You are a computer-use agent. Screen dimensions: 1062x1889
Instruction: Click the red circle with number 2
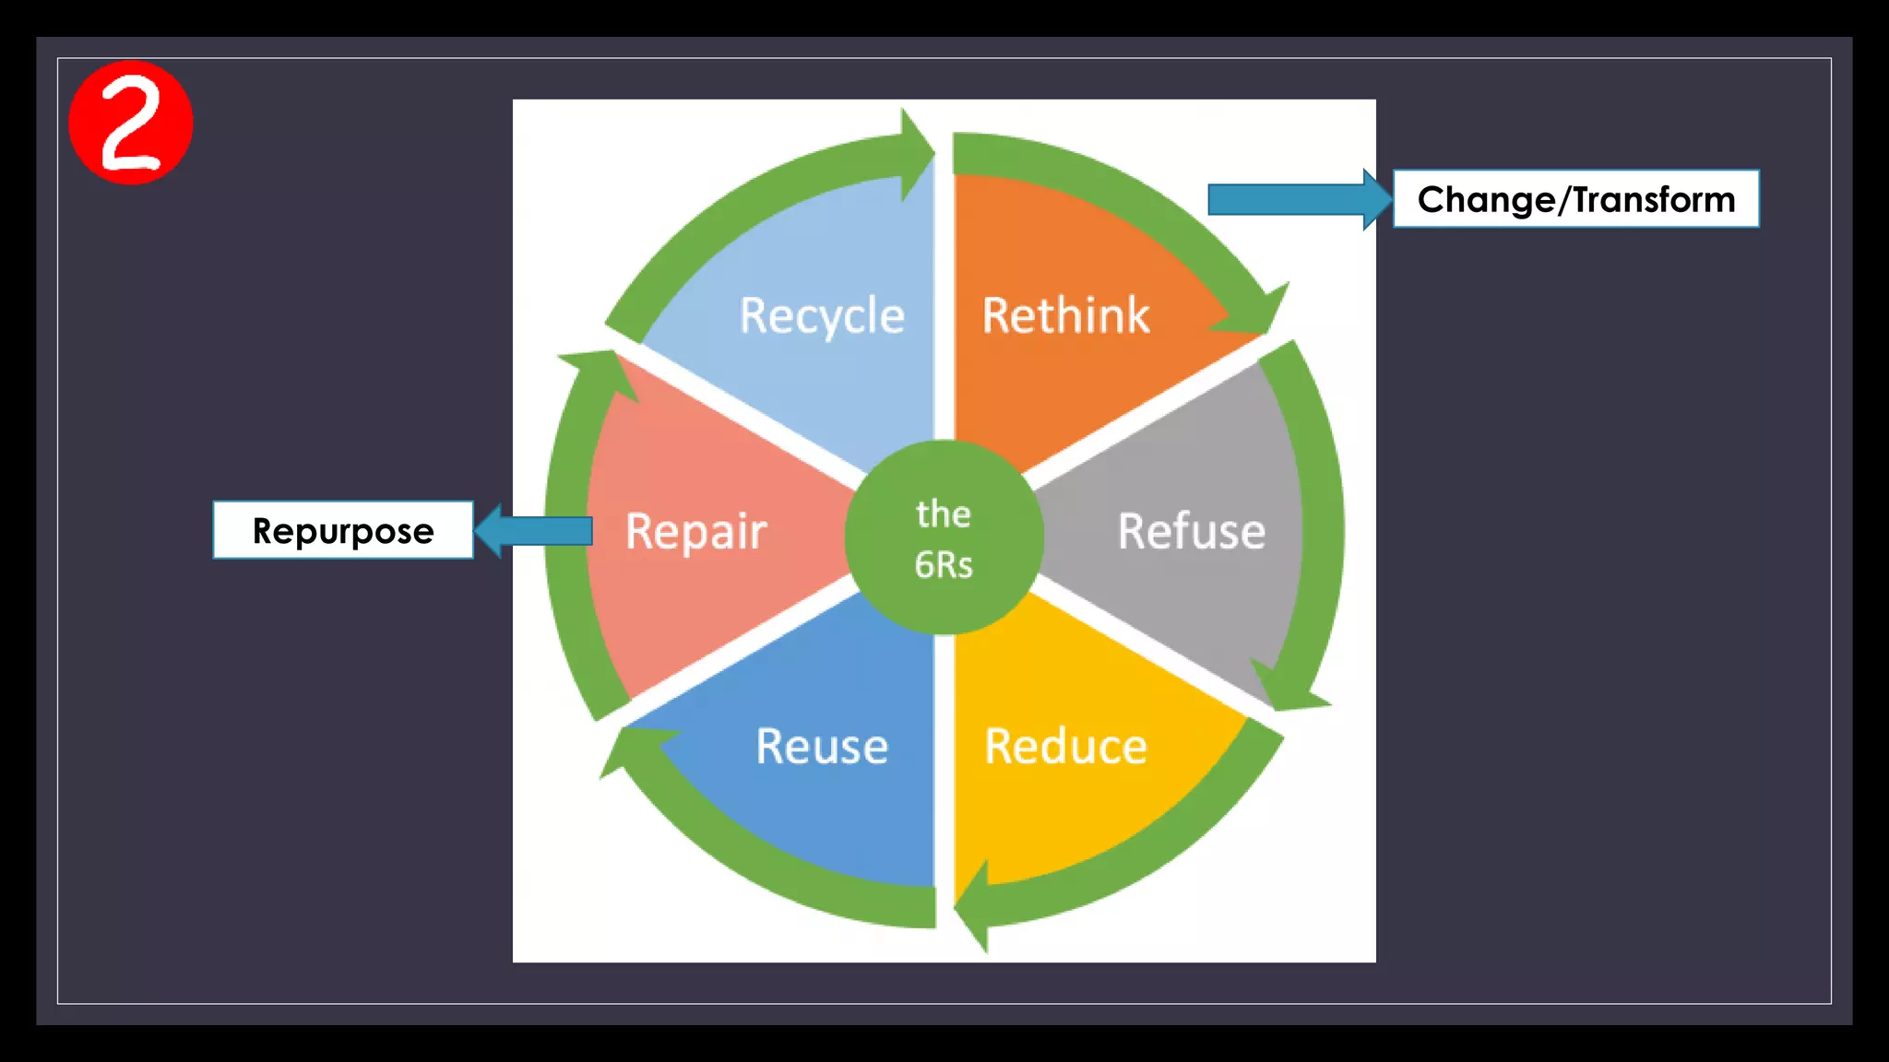[x=130, y=123]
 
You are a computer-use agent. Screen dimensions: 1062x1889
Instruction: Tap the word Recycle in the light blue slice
[x=821, y=316]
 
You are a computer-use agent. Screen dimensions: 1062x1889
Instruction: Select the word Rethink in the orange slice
[x=1065, y=316]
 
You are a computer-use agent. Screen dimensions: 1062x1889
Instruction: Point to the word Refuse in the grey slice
[x=1191, y=532]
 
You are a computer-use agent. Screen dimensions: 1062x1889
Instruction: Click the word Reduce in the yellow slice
[x=1065, y=747]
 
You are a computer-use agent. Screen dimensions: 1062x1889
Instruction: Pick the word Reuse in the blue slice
[x=821, y=747]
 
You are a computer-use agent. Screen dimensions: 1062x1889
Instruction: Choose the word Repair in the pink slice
[x=695, y=532]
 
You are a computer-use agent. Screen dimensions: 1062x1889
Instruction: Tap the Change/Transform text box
[x=1575, y=199]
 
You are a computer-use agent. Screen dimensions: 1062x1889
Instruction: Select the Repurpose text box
[x=343, y=531]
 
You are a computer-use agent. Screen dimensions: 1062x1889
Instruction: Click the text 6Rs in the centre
[x=944, y=564]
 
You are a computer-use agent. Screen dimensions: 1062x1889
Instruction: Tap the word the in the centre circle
[x=944, y=514]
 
